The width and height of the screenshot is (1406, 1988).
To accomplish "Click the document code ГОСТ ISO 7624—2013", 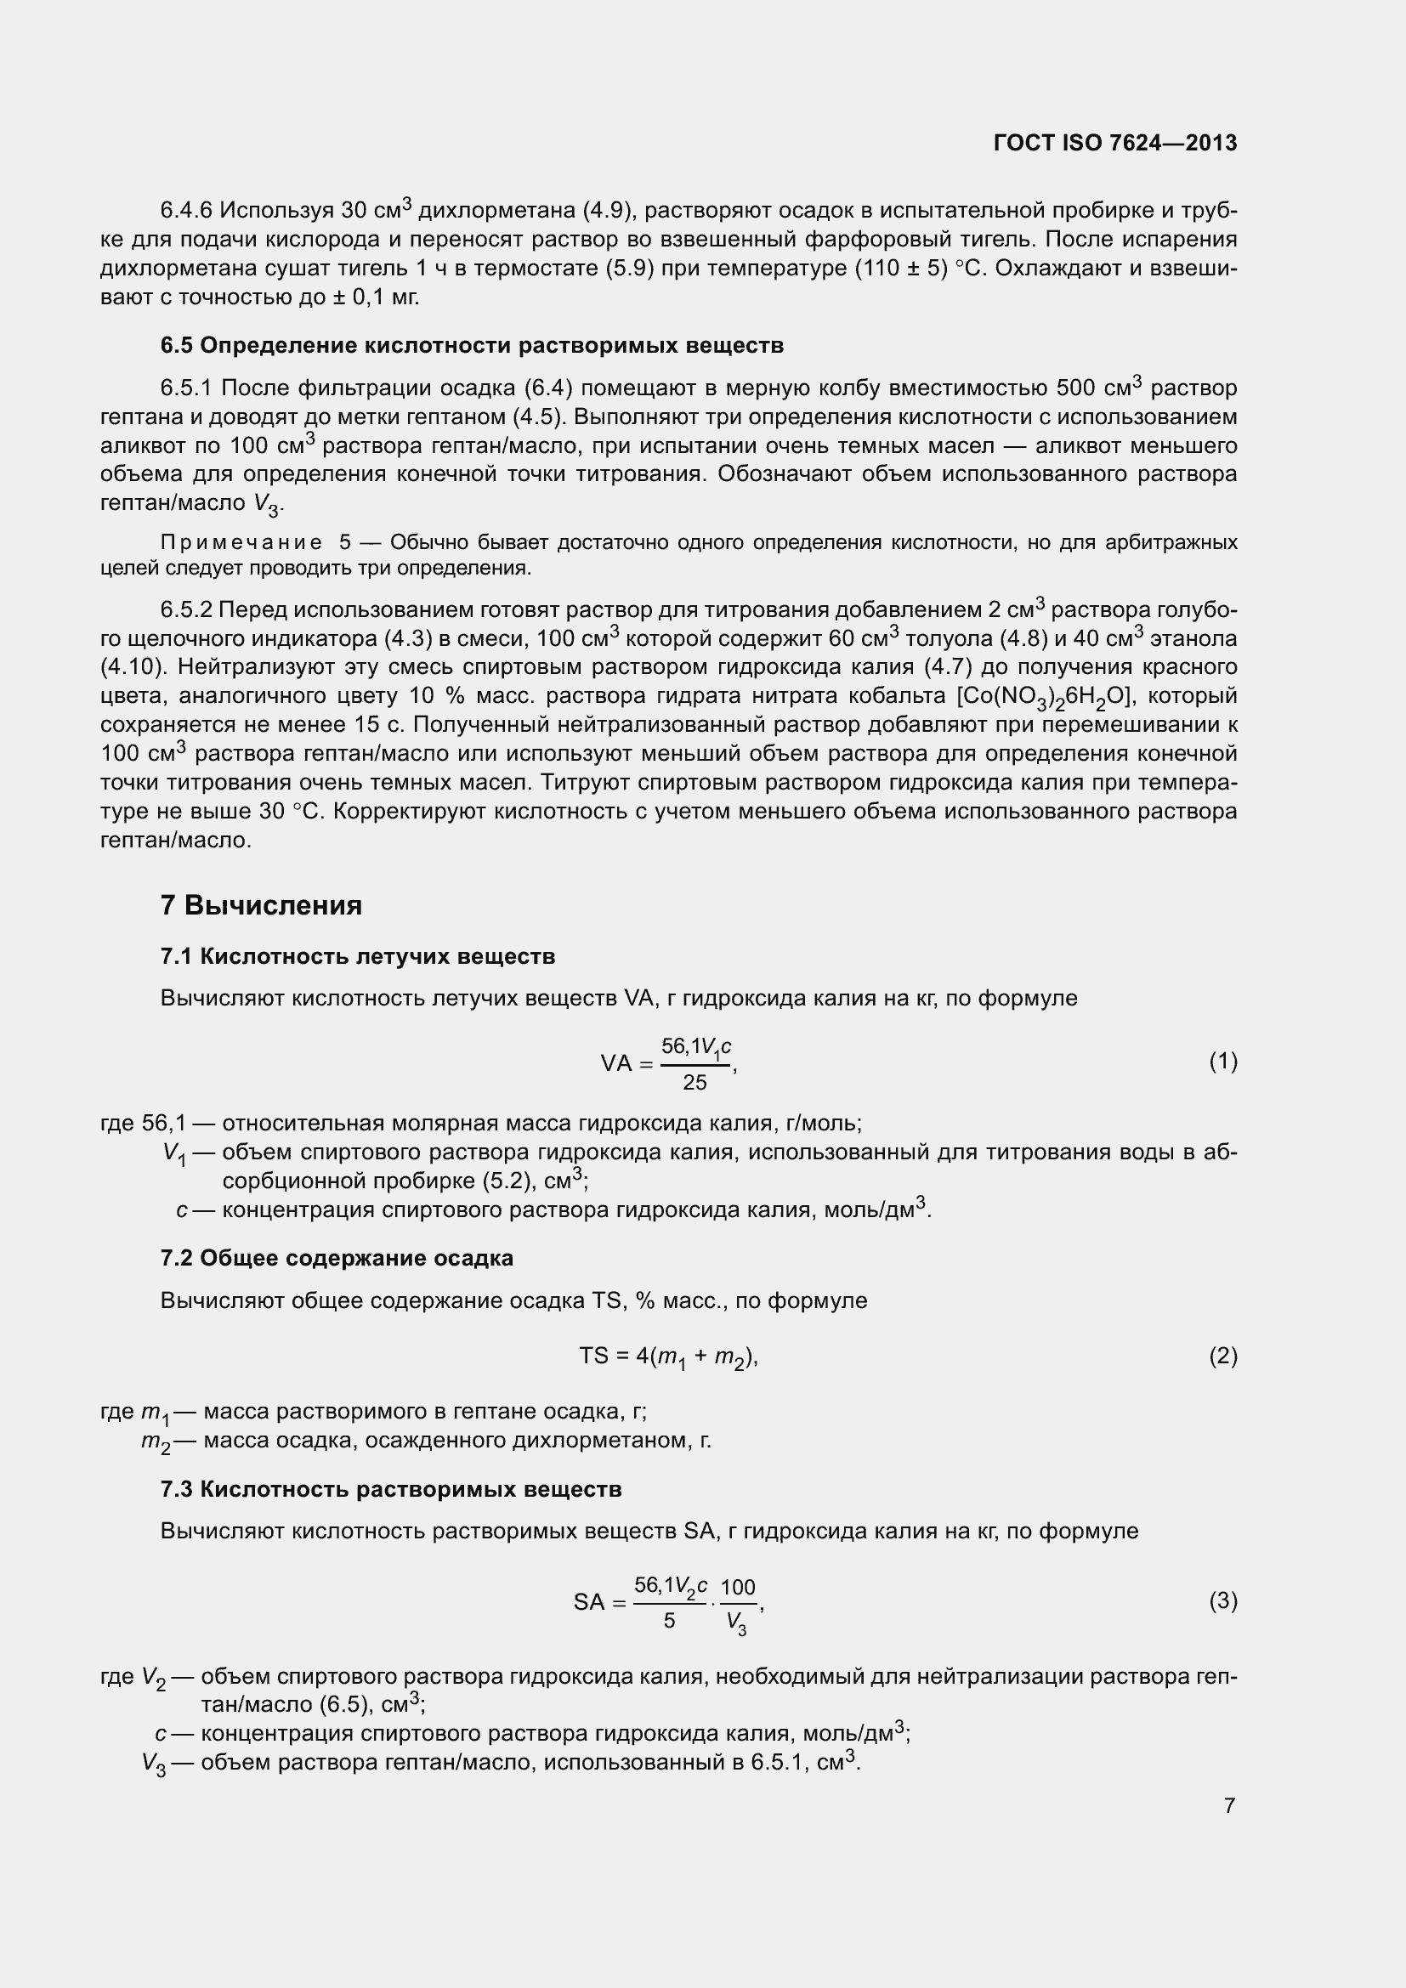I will click(1115, 143).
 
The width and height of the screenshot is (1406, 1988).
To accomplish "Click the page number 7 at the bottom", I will click(1228, 1805).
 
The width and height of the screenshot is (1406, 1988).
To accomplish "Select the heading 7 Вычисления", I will click(261, 906).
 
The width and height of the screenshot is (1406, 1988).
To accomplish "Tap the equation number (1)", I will click(1222, 1062).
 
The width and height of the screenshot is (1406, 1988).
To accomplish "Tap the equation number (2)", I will click(1222, 1356).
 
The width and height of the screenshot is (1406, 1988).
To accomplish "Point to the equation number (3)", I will click(1222, 1601).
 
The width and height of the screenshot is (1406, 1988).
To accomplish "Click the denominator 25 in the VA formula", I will click(694, 1082).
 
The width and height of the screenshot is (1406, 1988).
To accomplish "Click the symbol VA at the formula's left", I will click(615, 1063).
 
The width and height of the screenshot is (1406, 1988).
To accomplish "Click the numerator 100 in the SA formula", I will click(738, 1587).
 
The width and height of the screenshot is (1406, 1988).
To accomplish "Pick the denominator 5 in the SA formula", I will click(669, 1620).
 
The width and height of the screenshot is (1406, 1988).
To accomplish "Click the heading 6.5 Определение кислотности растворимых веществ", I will click(472, 345).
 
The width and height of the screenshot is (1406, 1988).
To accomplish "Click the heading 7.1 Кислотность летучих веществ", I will click(358, 957).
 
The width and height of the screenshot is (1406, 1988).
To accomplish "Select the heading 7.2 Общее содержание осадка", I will click(337, 1258).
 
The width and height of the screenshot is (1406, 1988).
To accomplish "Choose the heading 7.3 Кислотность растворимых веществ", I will click(390, 1489).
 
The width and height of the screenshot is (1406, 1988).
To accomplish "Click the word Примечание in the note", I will click(241, 543).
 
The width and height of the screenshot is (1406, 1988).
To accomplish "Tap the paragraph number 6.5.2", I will click(186, 610).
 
